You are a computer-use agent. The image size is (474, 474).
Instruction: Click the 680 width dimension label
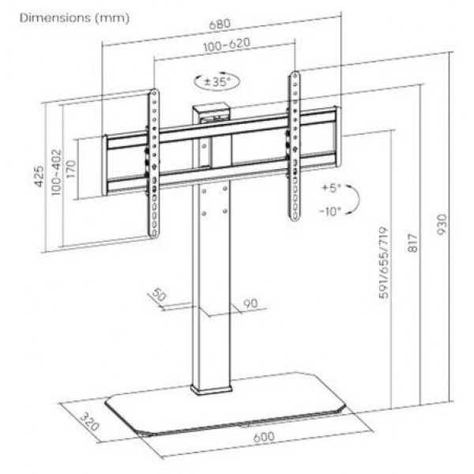[x=220, y=24]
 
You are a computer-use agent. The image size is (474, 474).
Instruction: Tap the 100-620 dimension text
[x=227, y=45]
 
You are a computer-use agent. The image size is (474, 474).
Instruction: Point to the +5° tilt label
[x=331, y=188]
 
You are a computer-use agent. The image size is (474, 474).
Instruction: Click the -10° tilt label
[x=330, y=211]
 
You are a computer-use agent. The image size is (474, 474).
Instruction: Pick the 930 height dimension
[x=442, y=224]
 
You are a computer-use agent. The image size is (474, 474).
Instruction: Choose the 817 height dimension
[x=412, y=243]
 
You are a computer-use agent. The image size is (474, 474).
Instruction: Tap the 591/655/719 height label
[x=383, y=263]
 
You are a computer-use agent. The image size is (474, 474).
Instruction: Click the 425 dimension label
[x=39, y=176]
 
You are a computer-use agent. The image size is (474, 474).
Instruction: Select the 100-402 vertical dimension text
[x=56, y=172]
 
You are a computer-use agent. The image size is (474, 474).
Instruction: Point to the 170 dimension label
[x=70, y=170]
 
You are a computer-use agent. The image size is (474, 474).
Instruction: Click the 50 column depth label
[x=159, y=295]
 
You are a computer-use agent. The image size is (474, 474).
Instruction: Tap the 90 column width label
[x=250, y=303]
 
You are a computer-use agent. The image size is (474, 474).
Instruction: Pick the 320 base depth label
[x=89, y=421]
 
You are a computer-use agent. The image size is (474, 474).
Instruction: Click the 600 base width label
[x=264, y=437]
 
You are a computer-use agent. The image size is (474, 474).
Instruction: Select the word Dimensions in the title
[x=55, y=18]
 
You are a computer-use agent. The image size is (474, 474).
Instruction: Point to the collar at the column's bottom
[x=212, y=390]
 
